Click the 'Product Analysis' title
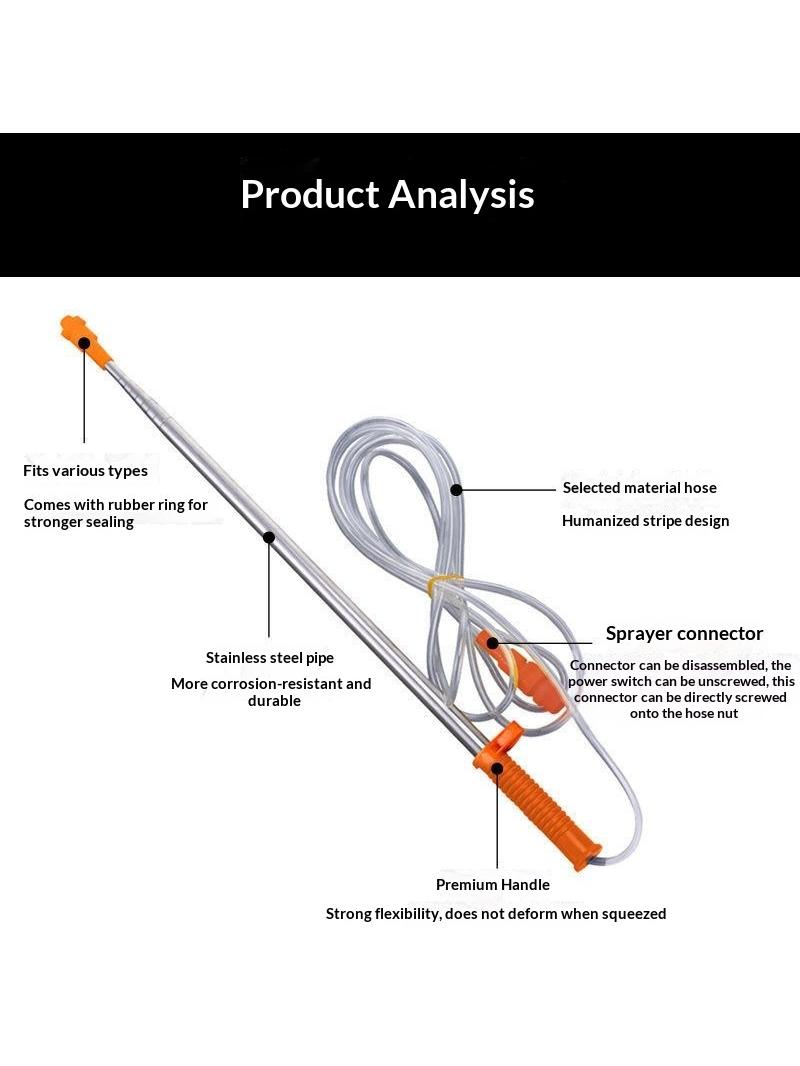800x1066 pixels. (387, 195)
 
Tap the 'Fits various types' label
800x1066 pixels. (85, 470)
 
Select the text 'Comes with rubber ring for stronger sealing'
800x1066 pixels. (116, 513)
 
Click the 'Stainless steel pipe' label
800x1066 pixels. (270, 657)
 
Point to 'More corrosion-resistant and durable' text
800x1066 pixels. (271, 692)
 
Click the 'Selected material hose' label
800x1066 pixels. (640, 487)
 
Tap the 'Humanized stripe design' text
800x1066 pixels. (646, 521)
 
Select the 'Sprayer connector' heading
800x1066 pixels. (684, 634)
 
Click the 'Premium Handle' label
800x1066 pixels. (493, 884)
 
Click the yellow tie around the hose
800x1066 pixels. (443, 583)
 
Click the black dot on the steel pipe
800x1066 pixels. (268, 537)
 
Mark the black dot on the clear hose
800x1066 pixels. (457, 489)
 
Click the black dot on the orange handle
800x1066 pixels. (498, 768)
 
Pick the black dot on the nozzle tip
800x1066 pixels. (84, 343)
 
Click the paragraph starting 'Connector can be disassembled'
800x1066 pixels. (681, 689)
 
